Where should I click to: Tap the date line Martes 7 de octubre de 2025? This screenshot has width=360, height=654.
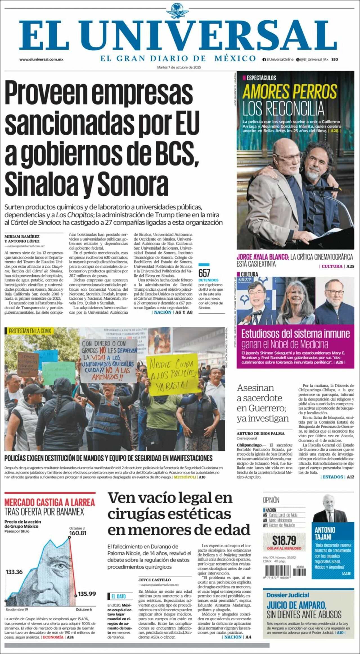[x=179, y=67]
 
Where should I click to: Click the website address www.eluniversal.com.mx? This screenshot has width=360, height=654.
[x=41, y=59]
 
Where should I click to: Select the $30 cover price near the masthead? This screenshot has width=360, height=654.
[x=334, y=59]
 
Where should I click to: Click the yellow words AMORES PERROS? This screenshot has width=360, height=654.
[x=289, y=92]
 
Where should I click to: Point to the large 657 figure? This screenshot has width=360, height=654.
[x=204, y=273]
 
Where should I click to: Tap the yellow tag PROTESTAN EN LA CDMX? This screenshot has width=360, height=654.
[x=30, y=331]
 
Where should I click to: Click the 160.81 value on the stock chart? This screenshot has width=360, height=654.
[x=78, y=533]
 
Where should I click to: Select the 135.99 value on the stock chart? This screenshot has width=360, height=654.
[x=87, y=594]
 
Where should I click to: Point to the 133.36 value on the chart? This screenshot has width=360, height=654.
[x=14, y=572]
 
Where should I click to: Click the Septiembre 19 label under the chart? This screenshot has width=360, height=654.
[x=17, y=610]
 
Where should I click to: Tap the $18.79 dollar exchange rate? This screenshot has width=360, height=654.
[x=284, y=541]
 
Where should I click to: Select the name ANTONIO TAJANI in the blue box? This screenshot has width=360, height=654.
[x=325, y=533]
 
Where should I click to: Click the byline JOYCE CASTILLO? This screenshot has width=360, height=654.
[x=154, y=580]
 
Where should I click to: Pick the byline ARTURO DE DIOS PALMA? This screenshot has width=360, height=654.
[x=260, y=433]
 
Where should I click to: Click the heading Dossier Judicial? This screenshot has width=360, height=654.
[x=288, y=595]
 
